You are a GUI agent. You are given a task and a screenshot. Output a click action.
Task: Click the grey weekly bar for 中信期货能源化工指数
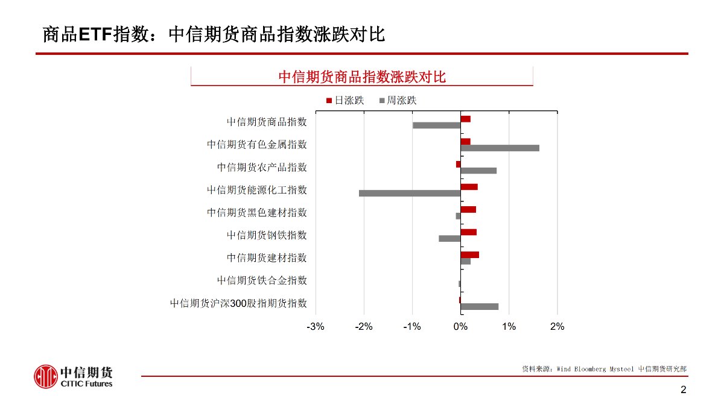(410, 193)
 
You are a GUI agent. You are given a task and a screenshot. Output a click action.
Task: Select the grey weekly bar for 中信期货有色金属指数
(500, 148)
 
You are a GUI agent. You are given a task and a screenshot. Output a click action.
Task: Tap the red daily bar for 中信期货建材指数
(469, 254)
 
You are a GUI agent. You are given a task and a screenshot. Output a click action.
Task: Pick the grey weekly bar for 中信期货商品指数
(436, 125)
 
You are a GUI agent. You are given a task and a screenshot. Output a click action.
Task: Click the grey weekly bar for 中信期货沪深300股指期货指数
(479, 306)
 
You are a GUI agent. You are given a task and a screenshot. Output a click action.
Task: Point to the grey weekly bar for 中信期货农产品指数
(478, 171)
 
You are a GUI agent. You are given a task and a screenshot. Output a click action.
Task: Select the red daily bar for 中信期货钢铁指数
(468, 232)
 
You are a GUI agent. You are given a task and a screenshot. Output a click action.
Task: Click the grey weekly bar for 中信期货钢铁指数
(449, 238)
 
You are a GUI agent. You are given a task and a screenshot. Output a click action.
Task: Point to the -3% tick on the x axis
(316, 327)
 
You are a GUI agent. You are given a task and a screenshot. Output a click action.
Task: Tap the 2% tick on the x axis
(557, 327)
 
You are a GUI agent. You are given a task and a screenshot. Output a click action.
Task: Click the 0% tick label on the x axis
(460, 327)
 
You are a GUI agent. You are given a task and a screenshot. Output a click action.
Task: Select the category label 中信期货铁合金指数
(262, 280)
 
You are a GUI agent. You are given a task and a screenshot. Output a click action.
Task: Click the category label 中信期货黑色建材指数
(257, 212)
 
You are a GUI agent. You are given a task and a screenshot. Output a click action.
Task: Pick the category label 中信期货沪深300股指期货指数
(238, 303)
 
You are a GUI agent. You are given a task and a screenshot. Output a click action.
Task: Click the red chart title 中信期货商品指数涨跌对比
(361, 77)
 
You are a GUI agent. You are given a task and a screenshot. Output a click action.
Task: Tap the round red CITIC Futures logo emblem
(45, 377)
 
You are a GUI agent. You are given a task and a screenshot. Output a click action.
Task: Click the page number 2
(683, 390)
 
